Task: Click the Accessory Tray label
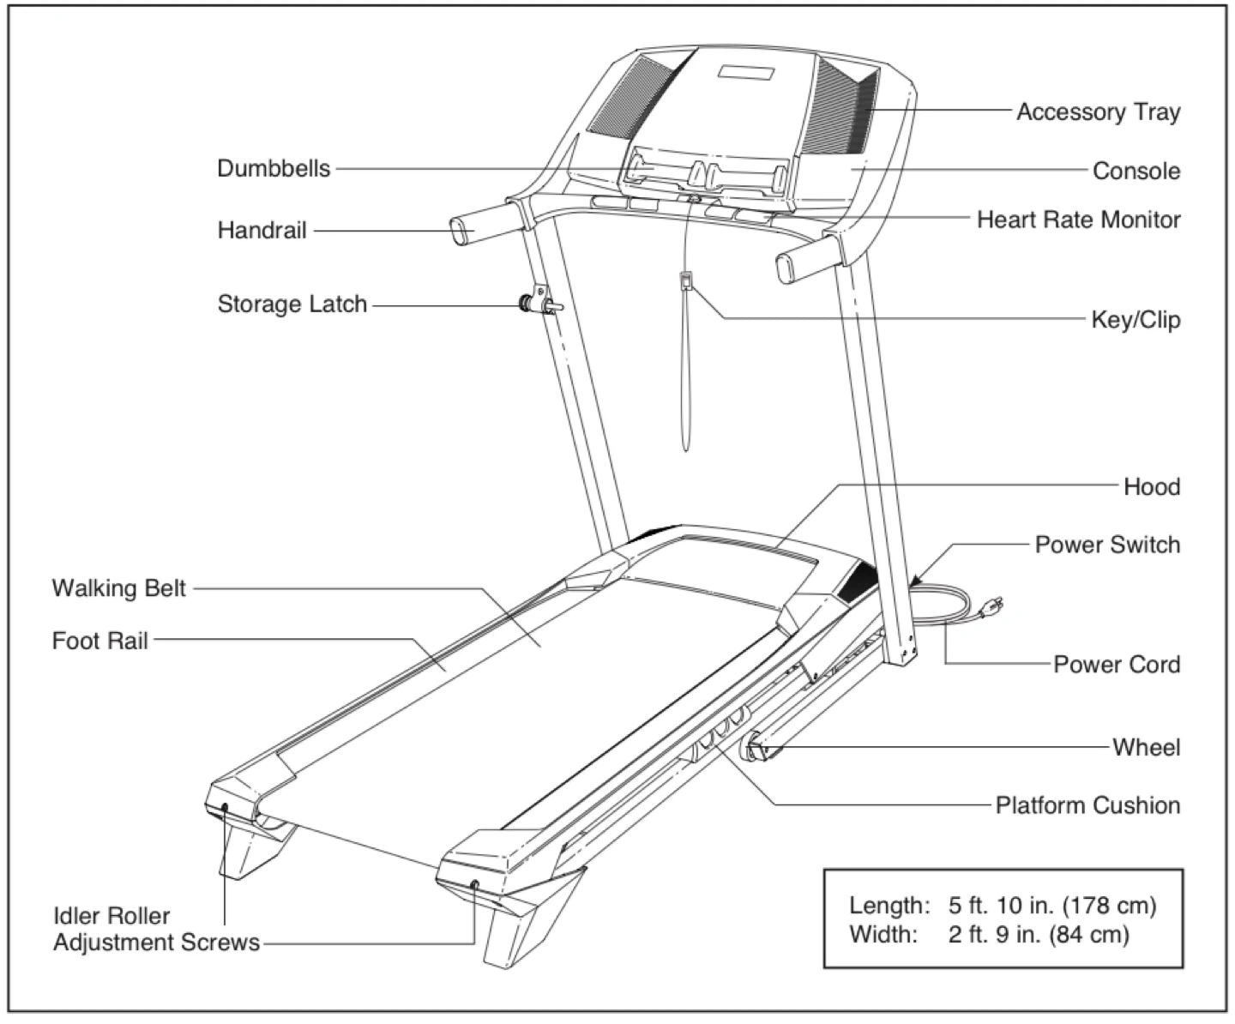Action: (x=1098, y=112)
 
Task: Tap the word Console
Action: (x=1136, y=171)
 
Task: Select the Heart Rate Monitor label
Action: (x=1078, y=220)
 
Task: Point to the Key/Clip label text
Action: (x=1135, y=320)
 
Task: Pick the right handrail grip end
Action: (x=787, y=268)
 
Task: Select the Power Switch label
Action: (x=1106, y=545)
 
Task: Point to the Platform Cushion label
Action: (x=1087, y=805)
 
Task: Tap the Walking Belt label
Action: (x=118, y=588)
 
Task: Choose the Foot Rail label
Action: (x=99, y=641)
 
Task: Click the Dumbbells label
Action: (x=273, y=168)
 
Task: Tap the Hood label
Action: (x=1151, y=487)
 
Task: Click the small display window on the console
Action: (x=747, y=74)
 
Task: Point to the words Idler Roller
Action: (x=111, y=915)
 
